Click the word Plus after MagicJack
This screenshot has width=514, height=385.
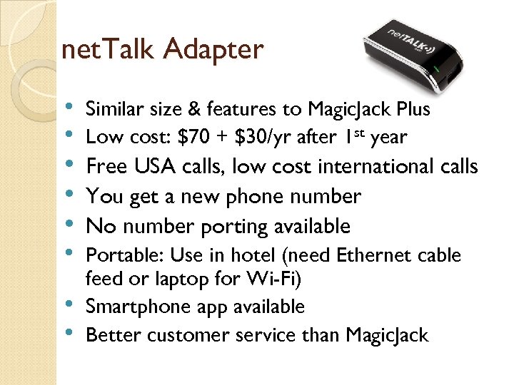(x=408, y=109)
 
